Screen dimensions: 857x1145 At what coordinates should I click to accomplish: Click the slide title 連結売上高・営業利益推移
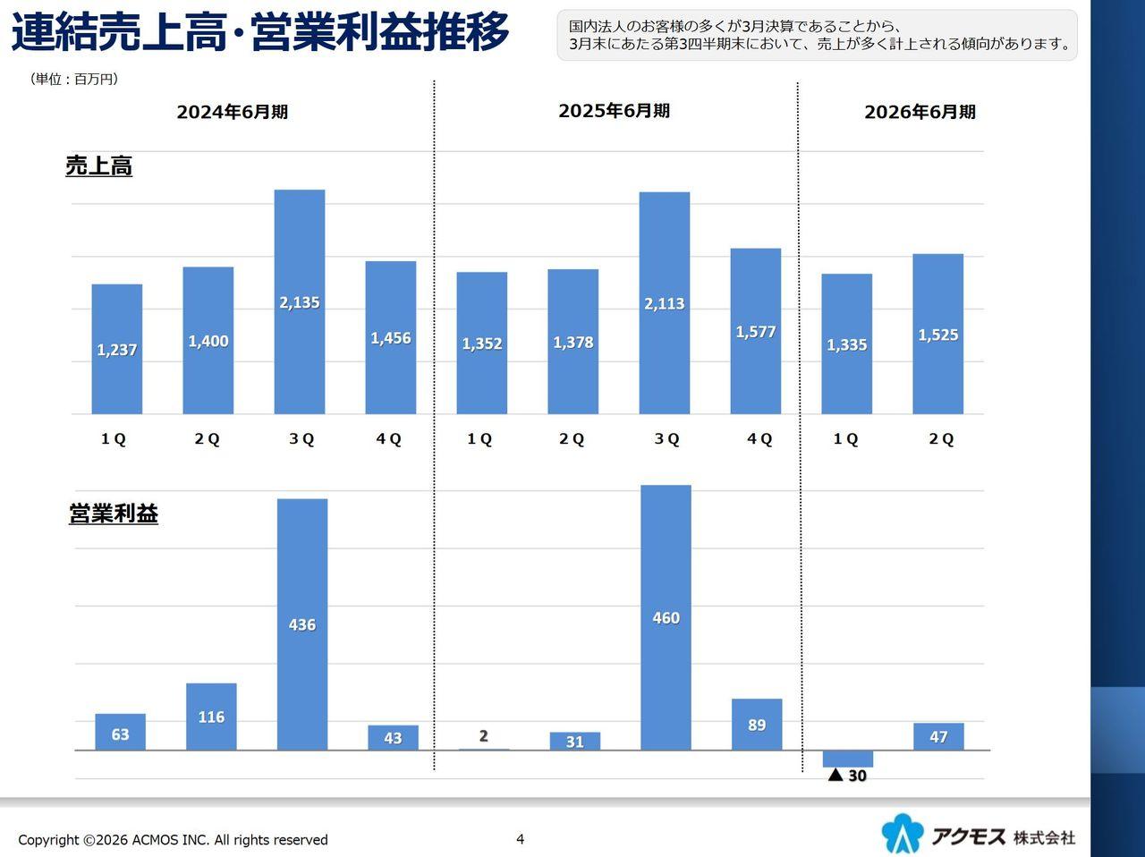(x=259, y=32)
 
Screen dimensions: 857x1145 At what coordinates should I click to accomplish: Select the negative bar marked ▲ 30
(x=847, y=759)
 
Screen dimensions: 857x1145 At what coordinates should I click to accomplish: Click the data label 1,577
(x=756, y=332)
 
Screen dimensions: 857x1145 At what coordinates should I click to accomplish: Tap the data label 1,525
(x=938, y=335)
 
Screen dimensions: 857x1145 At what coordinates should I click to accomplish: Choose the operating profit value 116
(x=211, y=717)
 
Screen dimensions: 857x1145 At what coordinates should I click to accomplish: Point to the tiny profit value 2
(x=483, y=736)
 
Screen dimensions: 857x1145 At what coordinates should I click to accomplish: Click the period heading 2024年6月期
(x=233, y=113)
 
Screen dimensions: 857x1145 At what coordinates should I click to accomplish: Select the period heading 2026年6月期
(x=920, y=113)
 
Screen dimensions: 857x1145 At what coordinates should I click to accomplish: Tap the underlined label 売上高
(x=99, y=166)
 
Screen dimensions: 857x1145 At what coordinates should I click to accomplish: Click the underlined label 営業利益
(x=114, y=514)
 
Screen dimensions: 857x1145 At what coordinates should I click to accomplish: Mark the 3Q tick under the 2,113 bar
(x=666, y=439)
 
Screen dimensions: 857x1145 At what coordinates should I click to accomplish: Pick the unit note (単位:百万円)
(x=74, y=80)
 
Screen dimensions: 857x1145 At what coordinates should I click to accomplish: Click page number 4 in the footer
(x=520, y=838)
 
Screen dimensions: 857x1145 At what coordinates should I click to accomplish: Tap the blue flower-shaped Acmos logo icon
(x=902, y=834)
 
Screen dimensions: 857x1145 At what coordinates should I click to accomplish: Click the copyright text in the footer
(x=173, y=840)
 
